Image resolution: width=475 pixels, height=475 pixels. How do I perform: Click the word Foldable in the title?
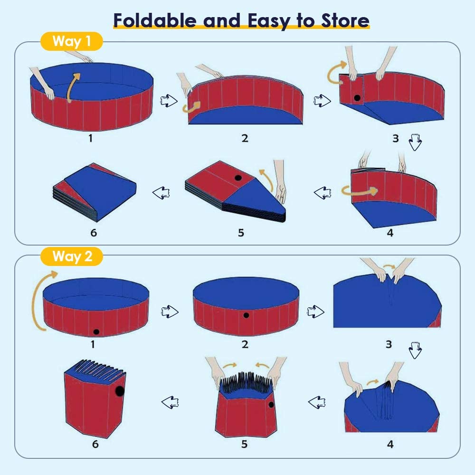pos(155,20)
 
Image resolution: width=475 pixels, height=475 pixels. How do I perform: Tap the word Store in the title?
pos(345,20)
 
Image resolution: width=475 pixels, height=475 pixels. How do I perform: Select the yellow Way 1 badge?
pos(72,41)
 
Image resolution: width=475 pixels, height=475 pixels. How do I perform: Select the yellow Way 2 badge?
pos(72,256)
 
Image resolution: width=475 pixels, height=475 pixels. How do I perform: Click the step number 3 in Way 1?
pos(395,138)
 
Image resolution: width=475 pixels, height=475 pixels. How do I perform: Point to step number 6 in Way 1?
pos(94,233)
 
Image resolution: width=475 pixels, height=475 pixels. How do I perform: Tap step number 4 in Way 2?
pos(390,444)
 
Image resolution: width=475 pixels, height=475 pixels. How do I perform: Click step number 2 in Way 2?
pos(245,344)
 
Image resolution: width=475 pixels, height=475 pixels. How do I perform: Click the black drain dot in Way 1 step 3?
pos(357,98)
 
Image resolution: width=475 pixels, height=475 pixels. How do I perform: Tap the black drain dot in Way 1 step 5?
pos(238,178)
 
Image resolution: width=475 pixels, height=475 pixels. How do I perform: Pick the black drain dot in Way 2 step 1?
pos(96,332)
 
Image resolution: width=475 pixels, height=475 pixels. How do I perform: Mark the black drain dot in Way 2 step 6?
pos(120,391)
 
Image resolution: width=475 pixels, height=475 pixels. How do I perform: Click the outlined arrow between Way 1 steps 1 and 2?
pos(169,101)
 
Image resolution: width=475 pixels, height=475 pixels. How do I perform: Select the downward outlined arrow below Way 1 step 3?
pos(415,142)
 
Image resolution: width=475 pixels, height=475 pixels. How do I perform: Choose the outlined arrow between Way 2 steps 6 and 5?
pos(170,402)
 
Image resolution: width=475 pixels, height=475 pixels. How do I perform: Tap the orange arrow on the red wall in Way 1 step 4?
pos(360,191)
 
